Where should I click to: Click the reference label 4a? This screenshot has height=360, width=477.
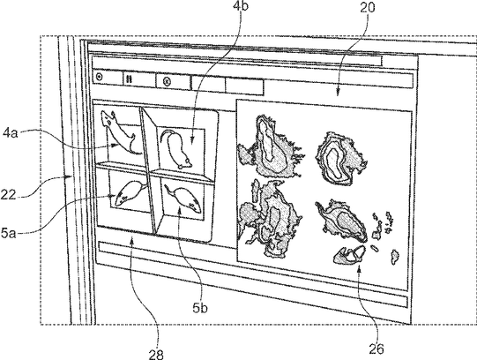coord(11,133)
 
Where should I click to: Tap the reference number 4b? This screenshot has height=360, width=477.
coord(241,5)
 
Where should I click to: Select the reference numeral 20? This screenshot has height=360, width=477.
coord(368,8)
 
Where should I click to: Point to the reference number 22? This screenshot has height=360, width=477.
coord(8,195)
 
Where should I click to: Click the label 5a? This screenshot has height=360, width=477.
coord(9,234)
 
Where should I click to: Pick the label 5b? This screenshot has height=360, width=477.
coord(200,308)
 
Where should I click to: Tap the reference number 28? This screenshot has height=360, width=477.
coord(156,354)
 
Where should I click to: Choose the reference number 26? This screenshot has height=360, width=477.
coord(376,349)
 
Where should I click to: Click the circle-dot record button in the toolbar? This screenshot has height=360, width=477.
coord(99,77)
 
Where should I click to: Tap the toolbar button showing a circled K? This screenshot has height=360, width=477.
coord(167,81)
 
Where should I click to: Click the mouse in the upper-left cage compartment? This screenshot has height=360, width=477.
coord(119,131)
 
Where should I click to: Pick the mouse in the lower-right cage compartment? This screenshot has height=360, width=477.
coord(183,199)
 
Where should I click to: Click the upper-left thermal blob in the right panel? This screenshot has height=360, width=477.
coord(270,146)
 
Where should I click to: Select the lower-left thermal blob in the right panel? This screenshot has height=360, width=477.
coord(269,219)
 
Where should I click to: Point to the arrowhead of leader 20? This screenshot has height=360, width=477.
coord(338,93)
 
